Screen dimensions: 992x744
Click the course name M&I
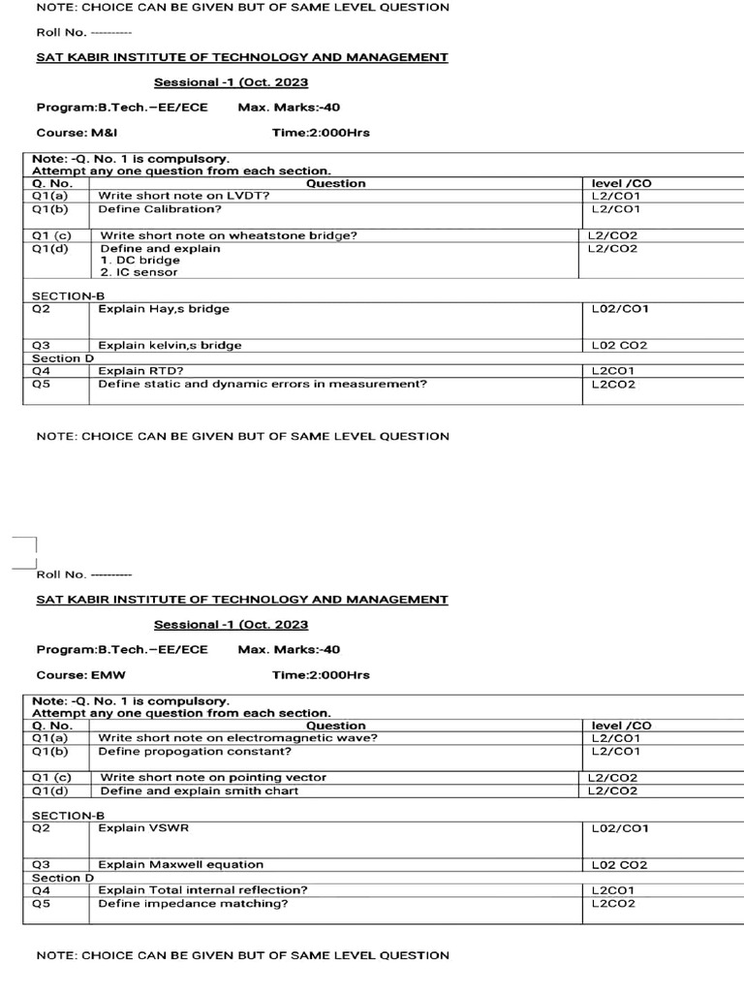click(105, 133)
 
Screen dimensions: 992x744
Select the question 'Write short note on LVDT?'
click(184, 196)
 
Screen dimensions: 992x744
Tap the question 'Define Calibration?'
click(160, 208)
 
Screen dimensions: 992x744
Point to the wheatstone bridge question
click(229, 235)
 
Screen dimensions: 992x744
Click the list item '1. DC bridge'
click(139, 261)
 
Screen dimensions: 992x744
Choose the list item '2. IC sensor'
click(139, 272)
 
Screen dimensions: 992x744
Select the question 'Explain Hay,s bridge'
click(164, 309)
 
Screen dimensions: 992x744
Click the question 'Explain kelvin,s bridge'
click(170, 345)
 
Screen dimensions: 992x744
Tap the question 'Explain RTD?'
click(141, 370)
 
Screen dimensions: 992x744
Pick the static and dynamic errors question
click(263, 384)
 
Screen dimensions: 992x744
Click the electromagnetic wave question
click(238, 738)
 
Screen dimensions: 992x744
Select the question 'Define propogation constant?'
click(195, 751)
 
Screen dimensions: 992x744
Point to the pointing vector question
click(213, 777)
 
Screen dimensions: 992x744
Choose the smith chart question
click(200, 790)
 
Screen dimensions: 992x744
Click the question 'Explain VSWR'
click(135, 828)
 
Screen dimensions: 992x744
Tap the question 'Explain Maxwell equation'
click(180, 864)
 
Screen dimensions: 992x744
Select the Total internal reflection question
click(203, 889)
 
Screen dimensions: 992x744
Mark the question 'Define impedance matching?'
click(194, 904)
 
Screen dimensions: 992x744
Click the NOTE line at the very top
click(242, 8)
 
